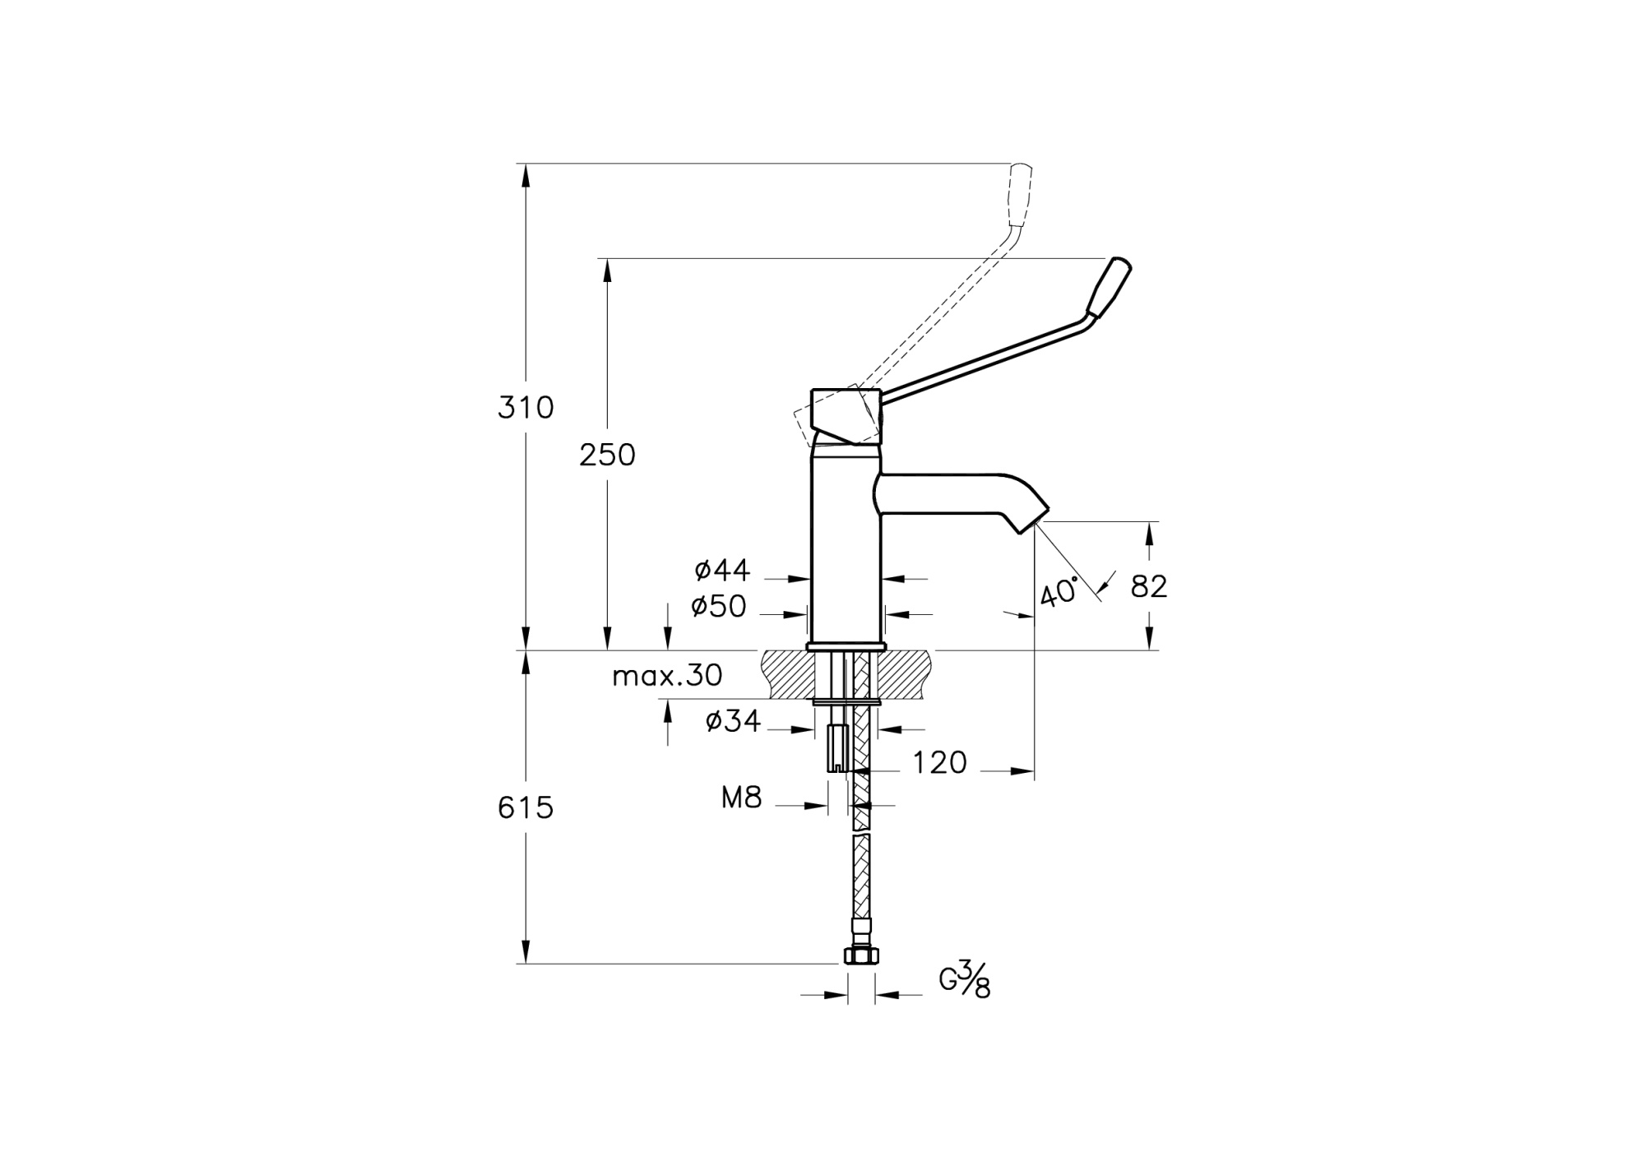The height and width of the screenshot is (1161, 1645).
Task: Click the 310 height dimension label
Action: [x=526, y=408]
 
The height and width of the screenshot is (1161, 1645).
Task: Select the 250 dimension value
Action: [x=607, y=455]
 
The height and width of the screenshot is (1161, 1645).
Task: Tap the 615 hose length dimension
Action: [x=526, y=808]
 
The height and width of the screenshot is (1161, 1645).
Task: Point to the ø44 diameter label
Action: [x=722, y=568]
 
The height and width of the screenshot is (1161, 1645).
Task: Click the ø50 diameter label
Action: [x=718, y=607]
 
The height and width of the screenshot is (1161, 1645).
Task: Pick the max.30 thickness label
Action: [x=667, y=676]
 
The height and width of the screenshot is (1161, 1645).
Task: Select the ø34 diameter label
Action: [x=733, y=721]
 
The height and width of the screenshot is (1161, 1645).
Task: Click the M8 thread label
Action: [x=742, y=797]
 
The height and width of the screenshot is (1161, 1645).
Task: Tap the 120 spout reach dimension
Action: [x=939, y=763]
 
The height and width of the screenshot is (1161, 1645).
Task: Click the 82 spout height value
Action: [x=1149, y=586]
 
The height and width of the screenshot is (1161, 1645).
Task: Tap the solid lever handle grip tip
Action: [x=1110, y=287]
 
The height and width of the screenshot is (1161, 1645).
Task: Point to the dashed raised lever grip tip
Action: [x=1019, y=195]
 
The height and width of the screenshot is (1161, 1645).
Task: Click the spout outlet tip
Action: [x=1034, y=519]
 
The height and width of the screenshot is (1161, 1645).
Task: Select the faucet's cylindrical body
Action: [x=846, y=543]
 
